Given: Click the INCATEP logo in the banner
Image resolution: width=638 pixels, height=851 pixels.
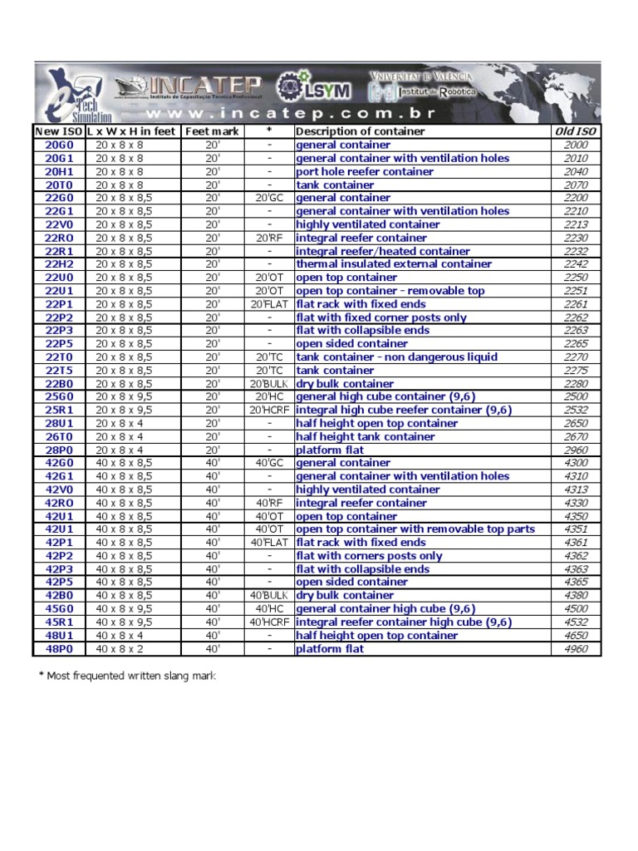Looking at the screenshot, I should pyautogui.click(x=189, y=86).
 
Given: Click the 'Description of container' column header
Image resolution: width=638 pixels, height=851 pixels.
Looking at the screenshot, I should pyautogui.click(x=361, y=131).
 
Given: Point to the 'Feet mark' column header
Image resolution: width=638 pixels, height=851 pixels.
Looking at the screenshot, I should pyautogui.click(x=212, y=131).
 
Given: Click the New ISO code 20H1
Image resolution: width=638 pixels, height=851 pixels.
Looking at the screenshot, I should pyautogui.click(x=59, y=171).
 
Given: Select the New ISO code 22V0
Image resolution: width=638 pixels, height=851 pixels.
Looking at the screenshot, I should pyautogui.click(x=59, y=224).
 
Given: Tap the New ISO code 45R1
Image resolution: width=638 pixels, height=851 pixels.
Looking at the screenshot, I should pyautogui.click(x=59, y=622).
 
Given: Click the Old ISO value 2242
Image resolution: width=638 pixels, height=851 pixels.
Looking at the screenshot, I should pyautogui.click(x=576, y=264).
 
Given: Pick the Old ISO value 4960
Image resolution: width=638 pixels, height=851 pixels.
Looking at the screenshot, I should pyautogui.click(x=576, y=648).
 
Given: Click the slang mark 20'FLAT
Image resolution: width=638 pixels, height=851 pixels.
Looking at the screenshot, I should pyautogui.click(x=269, y=304).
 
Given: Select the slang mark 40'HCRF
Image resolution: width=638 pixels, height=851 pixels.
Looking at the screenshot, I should pyautogui.click(x=269, y=622).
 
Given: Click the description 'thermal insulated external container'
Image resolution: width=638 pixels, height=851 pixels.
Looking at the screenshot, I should pyautogui.click(x=394, y=264).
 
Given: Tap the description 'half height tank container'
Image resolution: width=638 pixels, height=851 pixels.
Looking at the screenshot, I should pyautogui.click(x=366, y=436).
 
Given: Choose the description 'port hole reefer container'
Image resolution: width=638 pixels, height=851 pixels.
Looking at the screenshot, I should pyautogui.click(x=365, y=171).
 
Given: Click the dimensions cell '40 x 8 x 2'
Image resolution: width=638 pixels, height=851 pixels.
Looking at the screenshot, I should pyautogui.click(x=119, y=648).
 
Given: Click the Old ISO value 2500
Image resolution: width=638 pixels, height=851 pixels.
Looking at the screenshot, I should pyautogui.click(x=576, y=396).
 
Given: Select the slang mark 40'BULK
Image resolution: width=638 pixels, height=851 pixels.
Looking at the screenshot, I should pyautogui.click(x=269, y=595).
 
